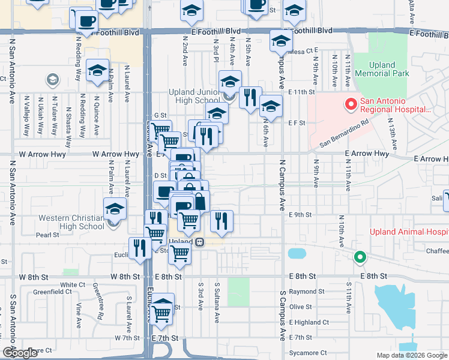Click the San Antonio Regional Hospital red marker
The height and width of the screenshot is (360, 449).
[350, 106]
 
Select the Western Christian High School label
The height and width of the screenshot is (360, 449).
[71, 222]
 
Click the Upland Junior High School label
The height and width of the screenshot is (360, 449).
[193, 96]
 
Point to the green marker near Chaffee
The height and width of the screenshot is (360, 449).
[360, 257]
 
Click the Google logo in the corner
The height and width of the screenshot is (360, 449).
[20, 353]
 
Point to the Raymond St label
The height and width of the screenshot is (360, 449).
[306, 291]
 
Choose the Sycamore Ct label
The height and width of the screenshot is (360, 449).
[307, 353]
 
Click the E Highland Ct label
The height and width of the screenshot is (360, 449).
[309, 322]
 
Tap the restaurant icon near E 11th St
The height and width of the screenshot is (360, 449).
[250, 97]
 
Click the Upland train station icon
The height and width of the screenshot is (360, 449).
[198, 242]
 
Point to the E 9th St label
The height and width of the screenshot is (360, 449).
[300, 214]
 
